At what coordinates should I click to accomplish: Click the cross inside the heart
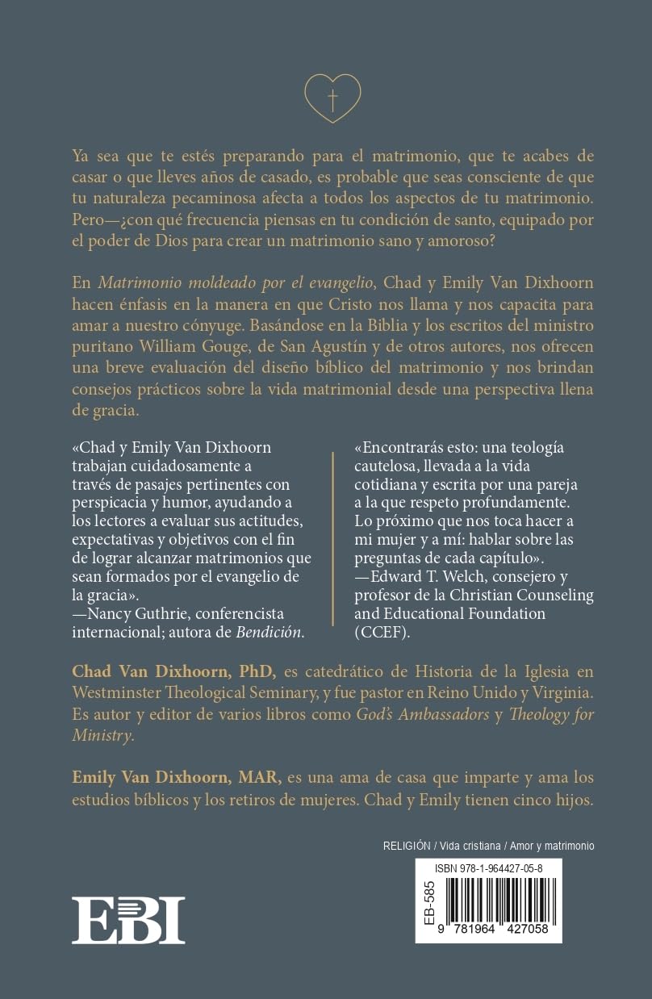tap(332, 99)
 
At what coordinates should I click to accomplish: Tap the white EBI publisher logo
tap(127, 920)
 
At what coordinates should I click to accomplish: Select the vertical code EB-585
tap(428, 901)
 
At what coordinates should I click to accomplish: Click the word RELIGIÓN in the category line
tap(406, 846)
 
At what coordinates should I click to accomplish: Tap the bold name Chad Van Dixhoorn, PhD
tap(174, 671)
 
